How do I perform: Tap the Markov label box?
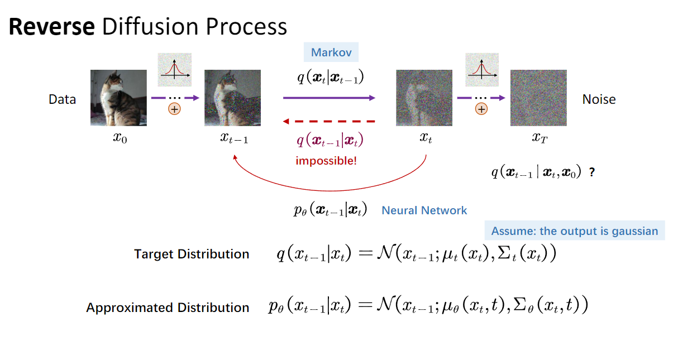(x=331, y=52)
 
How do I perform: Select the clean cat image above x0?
(x=118, y=98)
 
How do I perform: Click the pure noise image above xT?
(x=538, y=98)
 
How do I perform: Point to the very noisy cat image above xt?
(x=424, y=98)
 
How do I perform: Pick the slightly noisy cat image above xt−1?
(x=232, y=98)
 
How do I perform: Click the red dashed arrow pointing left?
(x=328, y=121)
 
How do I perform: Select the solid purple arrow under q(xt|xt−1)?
(x=328, y=98)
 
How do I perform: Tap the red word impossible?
(x=326, y=161)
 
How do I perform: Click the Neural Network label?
(x=424, y=210)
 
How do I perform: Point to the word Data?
(x=63, y=99)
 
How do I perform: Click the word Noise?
(x=599, y=99)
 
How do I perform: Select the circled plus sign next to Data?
(x=175, y=109)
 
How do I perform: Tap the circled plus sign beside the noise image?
(x=481, y=109)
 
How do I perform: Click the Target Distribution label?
(x=192, y=255)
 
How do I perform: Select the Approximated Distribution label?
(x=168, y=308)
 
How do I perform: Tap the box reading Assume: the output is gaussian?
(x=575, y=231)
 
